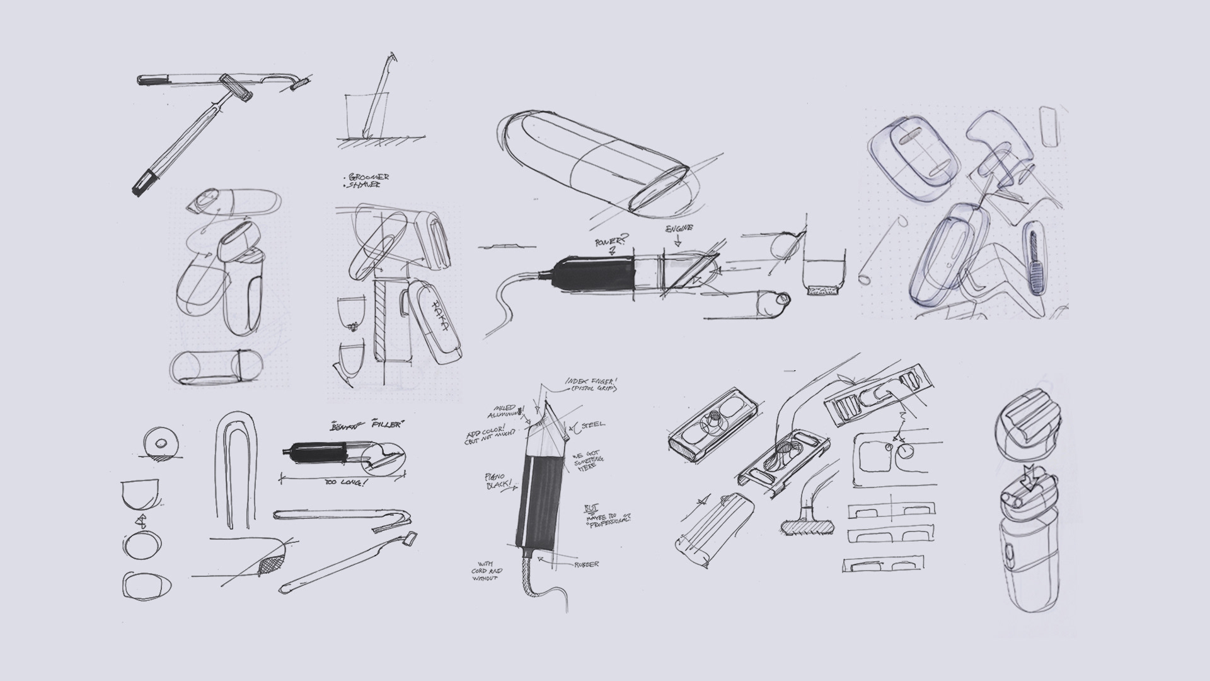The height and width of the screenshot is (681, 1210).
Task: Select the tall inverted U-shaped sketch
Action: click(x=236, y=467)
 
